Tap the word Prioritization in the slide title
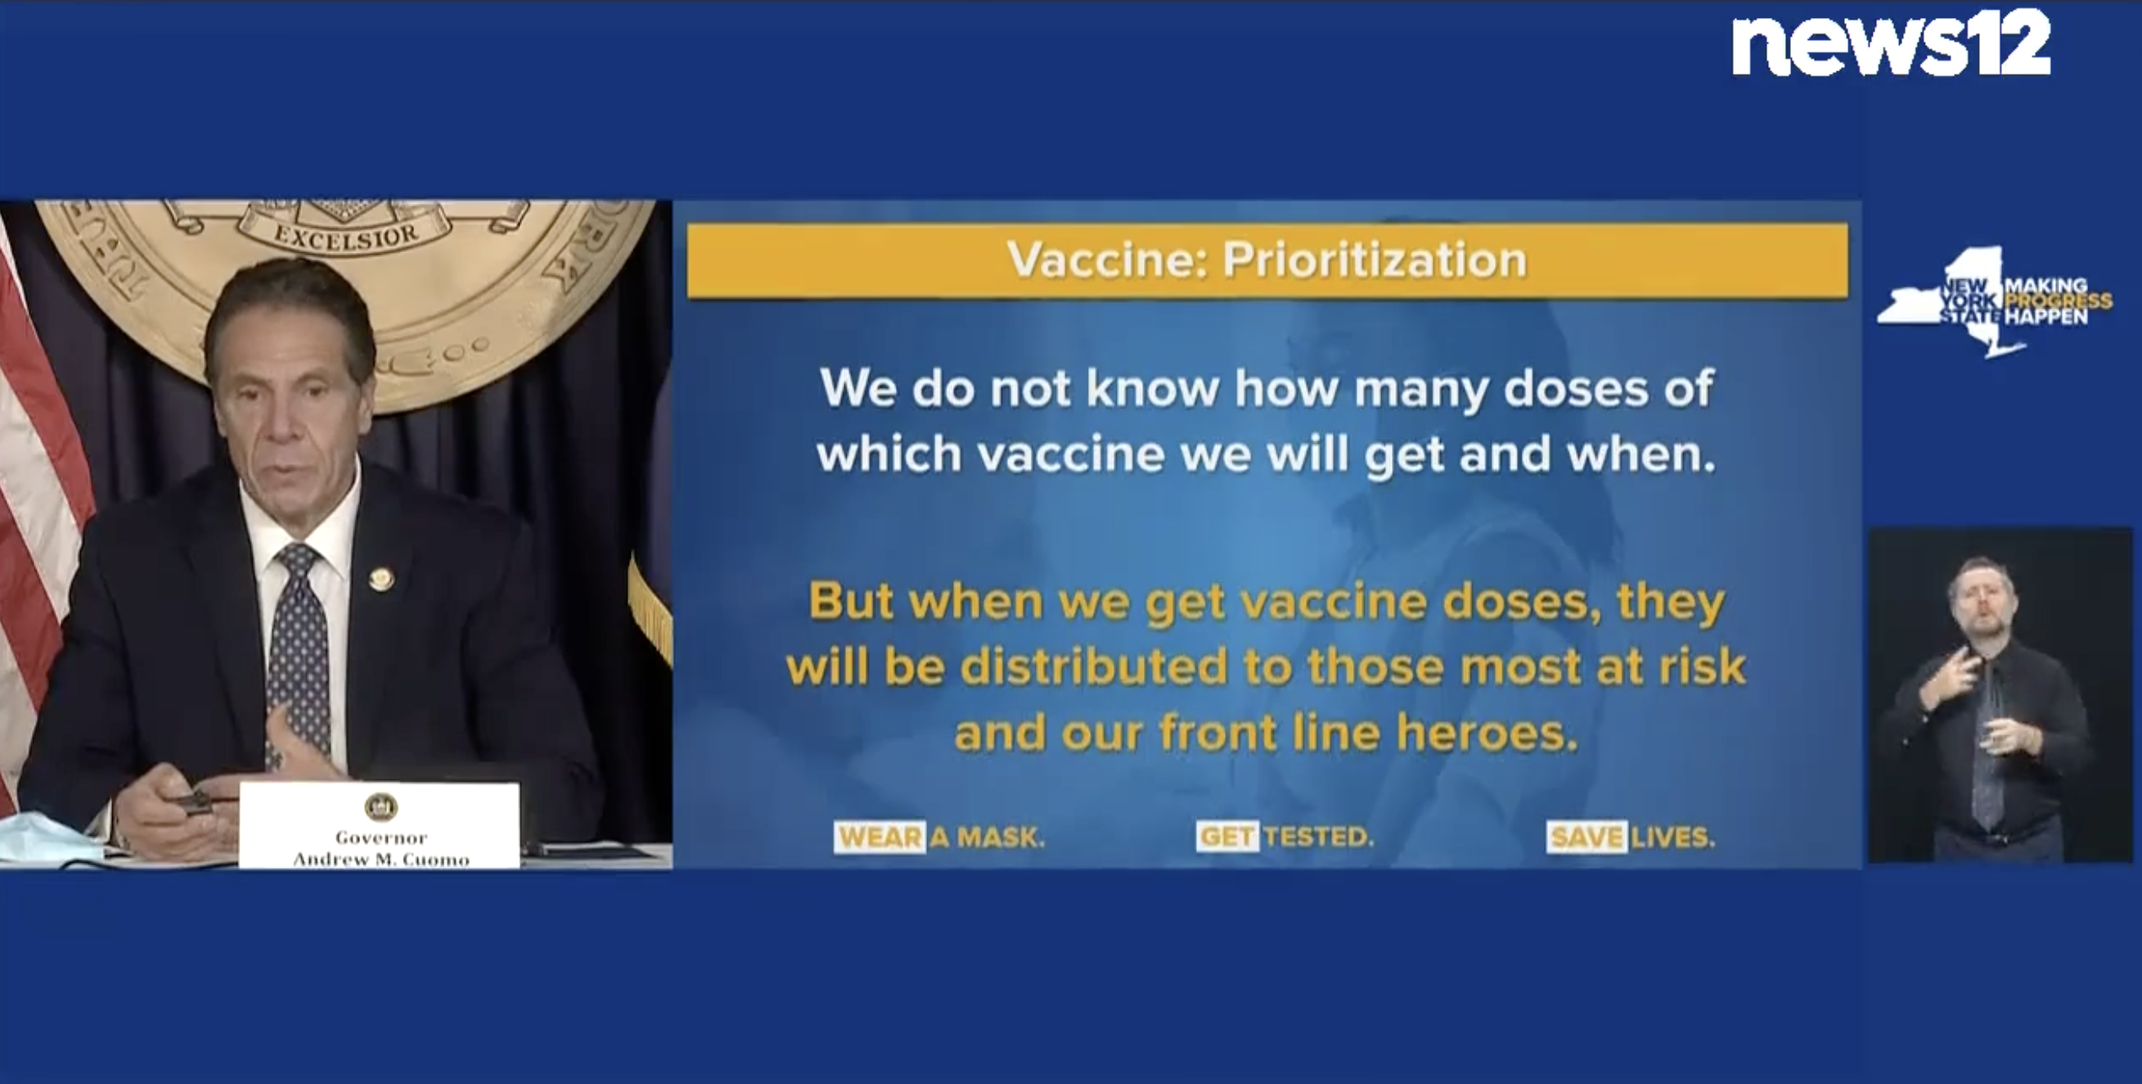click(x=1375, y=260)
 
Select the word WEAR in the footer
click(x=880, y=837)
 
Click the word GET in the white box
click(x=1226, y=837)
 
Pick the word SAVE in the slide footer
click(x=1586, y=837)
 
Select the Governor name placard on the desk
click(x=380, y=825)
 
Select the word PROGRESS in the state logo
click(x=2058, y=300)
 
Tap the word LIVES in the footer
click(x=1672, y=837)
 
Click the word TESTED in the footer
click(x=1319, y=837)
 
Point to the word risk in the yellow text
click(x=1703, y=666)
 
